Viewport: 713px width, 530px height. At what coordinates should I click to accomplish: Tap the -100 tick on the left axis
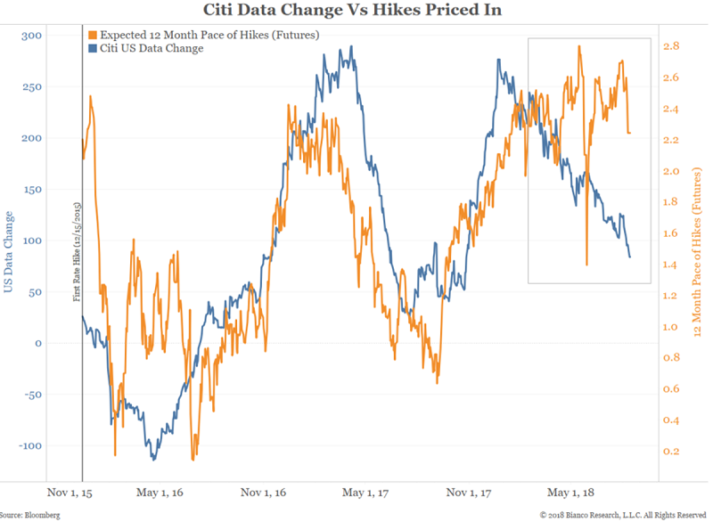[54, 445]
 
